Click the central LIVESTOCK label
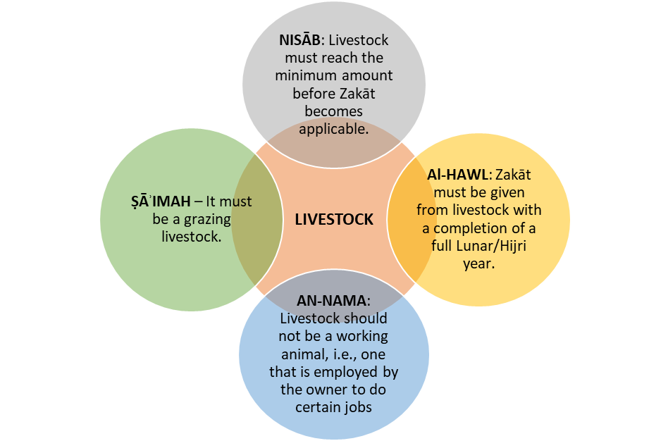pos(334,220)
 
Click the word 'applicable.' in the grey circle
pos(333,129)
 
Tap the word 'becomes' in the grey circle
pos(333,111)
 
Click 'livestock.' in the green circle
pos(192,237)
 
